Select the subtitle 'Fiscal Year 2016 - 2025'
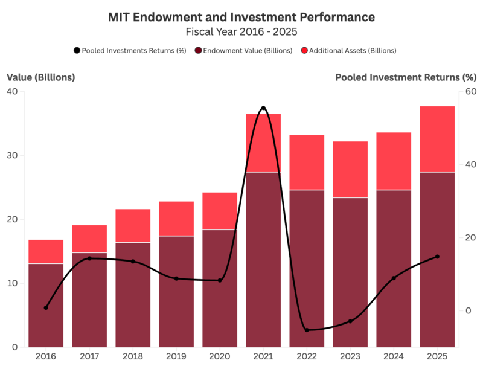(x=241, y=31)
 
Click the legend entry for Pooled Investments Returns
(x=130, y=51)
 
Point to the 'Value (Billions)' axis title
(x=41, y=77)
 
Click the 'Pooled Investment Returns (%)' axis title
(x=406, y=77)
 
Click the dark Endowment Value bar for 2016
(x=46, y=305)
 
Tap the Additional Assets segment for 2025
(x=437, y=140)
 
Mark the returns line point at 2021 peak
(x=263, y=108)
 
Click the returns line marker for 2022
(x=307, y=330)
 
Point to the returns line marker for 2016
(x=46, y=307)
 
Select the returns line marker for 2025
(x=437, y=257)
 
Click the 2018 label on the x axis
(x=133, y=356)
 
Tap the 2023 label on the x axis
(x=350, y=356)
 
